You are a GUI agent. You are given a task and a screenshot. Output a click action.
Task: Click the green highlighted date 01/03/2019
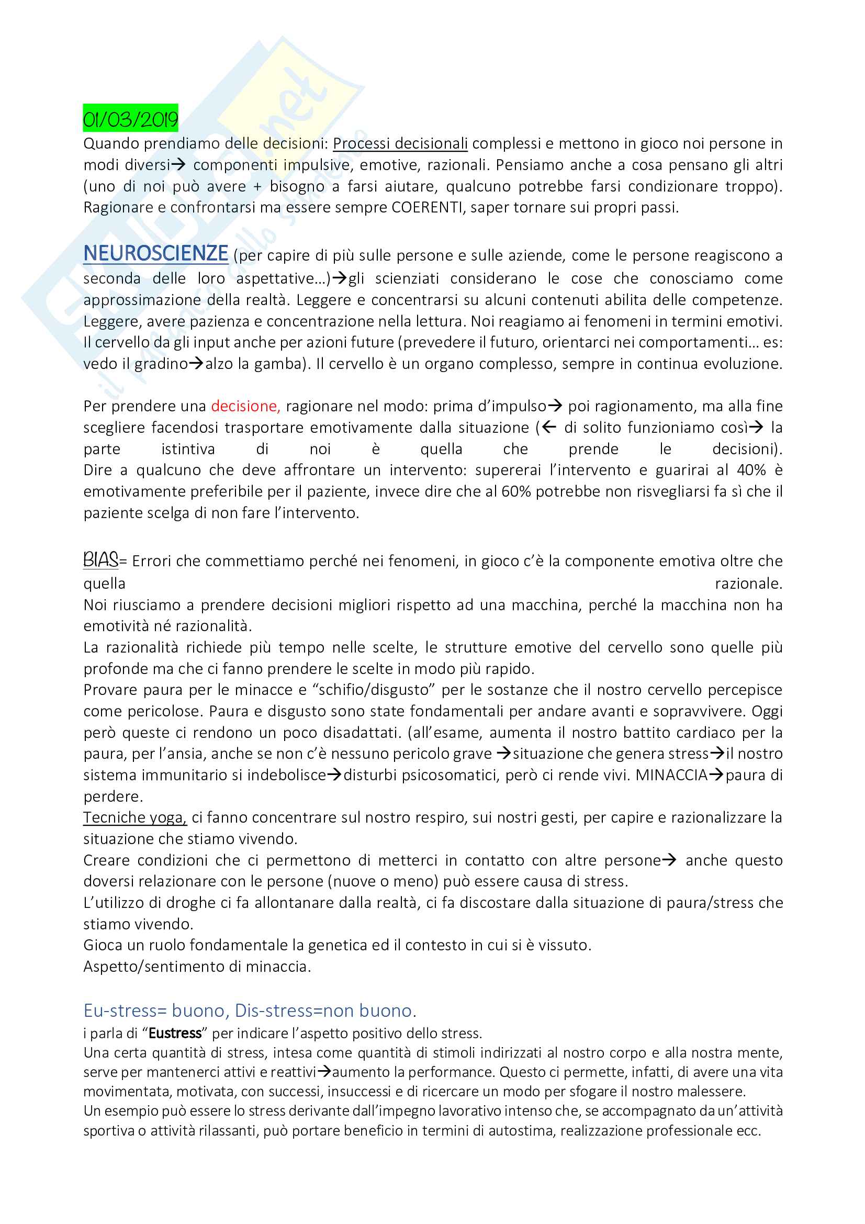(131, 118)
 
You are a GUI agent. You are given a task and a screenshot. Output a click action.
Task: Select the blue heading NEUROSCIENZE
(155, 253)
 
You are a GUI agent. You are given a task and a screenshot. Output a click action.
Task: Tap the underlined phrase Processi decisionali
(400, 143)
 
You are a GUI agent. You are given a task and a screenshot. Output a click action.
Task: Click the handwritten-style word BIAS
(100, 560)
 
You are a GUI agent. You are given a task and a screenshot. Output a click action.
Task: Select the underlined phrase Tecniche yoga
(135, 817)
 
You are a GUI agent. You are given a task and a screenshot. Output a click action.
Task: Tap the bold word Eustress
(175, 1033)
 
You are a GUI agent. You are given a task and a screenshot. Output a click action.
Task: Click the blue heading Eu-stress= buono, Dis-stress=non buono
(250, 1010)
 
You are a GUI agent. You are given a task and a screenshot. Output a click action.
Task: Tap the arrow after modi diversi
(178, 165)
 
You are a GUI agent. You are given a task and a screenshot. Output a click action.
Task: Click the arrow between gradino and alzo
(197, 364)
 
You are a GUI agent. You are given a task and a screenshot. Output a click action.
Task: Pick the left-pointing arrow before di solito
(549, 428)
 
